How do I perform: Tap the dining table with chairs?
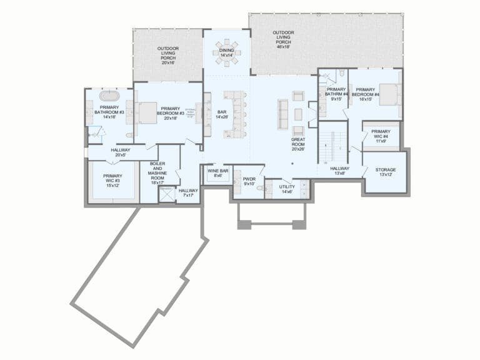pyautogui.click(x=226, y=47)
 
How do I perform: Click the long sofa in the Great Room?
pyautogui.click(x=283, y=114)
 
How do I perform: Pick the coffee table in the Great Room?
pyautogui.click(x=298, y=114)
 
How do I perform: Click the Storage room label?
pyautogui.click(x=385, y=172)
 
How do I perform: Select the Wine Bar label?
pyautogui.click(x=217, y=172)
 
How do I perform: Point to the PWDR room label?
pyautogui.click(x=249, y=181)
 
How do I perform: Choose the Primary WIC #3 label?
pyautogui.click(x=112, y=180)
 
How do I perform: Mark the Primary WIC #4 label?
pyautogui.click(x=381, y=136)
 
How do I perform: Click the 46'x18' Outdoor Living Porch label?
pyautogui.click(x=283, y=37)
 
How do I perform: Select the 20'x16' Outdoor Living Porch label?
pyautogui.click(x=167, y=55)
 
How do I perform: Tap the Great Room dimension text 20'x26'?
pyautogui.click(x=297, y=149)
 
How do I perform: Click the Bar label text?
pyautogui.click(x=222, y=112)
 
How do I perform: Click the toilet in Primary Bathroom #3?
pyautogui.click(x=129, y=134)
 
